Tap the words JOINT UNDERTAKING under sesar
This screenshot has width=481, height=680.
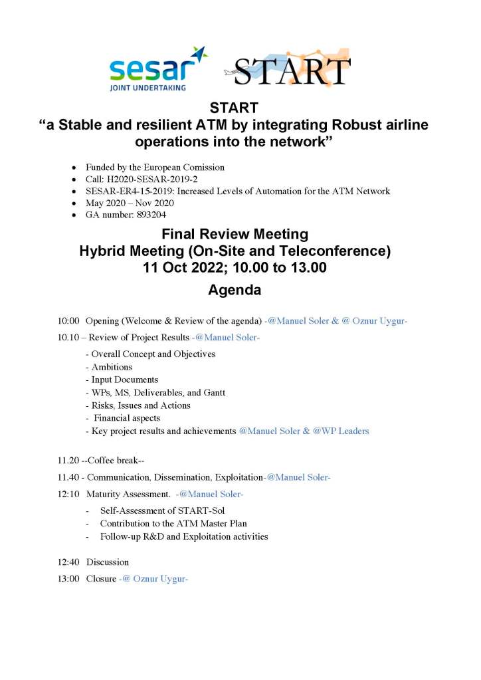click(147, 86)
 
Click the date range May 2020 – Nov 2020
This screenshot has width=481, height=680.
click(130, 203)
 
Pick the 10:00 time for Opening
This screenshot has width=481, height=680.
click(68, 321)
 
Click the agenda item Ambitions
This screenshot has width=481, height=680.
click(112, 366)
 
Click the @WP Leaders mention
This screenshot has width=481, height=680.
click(337, 431)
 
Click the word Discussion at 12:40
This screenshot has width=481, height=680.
click(108, 562)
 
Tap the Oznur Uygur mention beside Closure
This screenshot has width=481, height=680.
click(160, 578)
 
